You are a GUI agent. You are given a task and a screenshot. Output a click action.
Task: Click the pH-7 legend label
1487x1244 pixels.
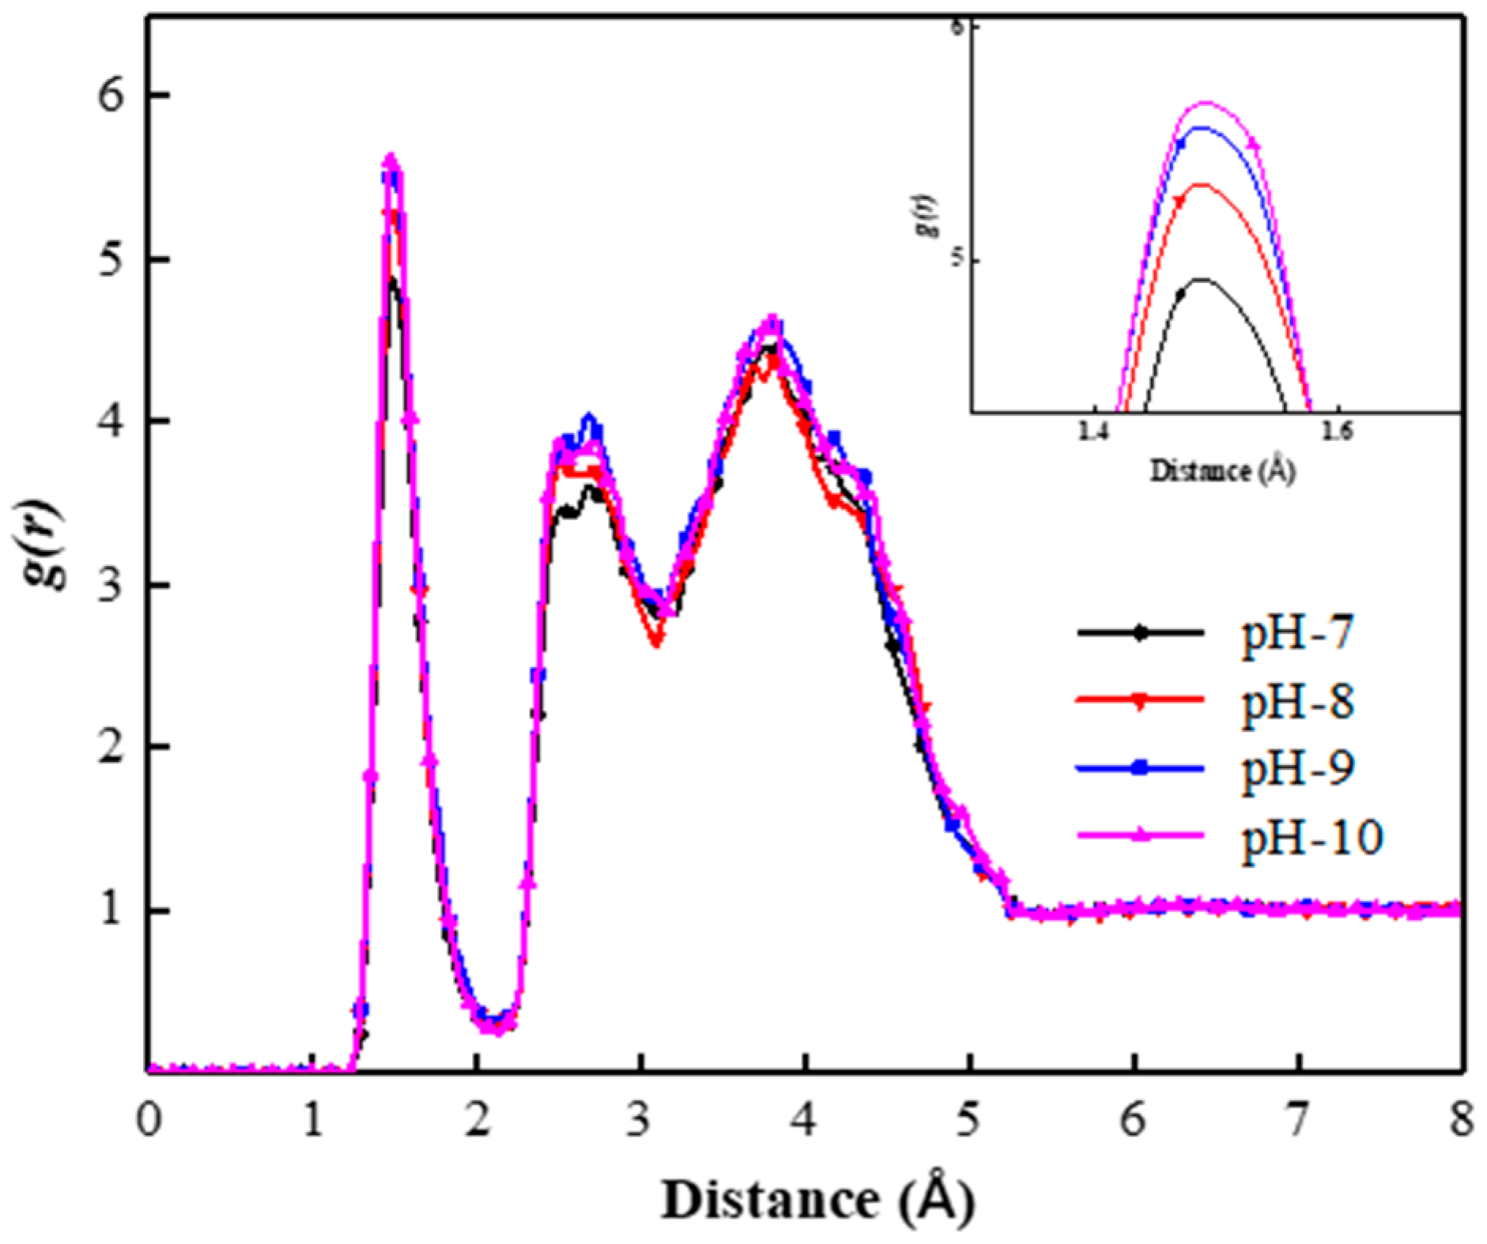click(x=1297, y=633)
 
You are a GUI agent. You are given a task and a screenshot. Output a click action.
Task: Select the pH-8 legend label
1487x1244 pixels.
click(x=1297, y=700)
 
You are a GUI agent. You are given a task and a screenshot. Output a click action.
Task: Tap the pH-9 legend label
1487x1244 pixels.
click(x=1297, y=767)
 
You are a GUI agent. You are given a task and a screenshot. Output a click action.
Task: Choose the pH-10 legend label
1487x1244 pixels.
click(x=1312, y=835)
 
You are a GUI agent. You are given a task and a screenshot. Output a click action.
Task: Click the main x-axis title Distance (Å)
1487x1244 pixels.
click(x=817, y=1200)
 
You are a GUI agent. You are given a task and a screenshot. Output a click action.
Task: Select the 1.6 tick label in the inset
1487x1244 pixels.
click(x=1338, y=432)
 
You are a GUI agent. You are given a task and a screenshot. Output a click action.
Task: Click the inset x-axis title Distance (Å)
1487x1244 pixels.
click(x=1222, y=471)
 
